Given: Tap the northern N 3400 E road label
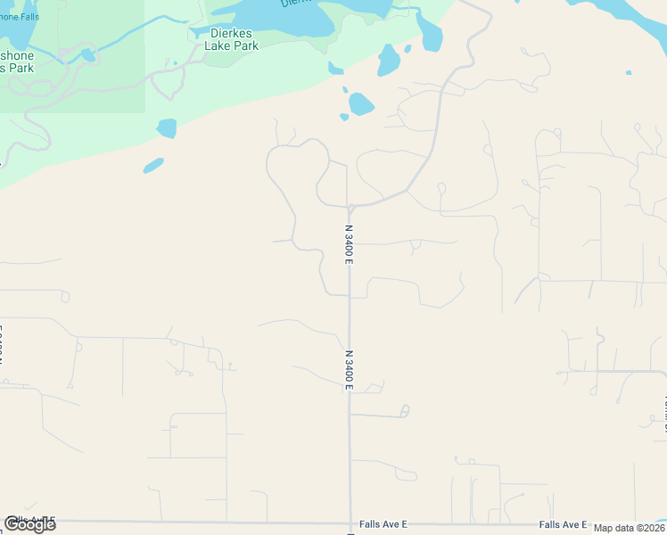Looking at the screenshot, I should [x=350, y=242].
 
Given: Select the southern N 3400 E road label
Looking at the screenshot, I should [x=350, y=369].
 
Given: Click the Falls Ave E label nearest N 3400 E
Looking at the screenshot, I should [x=383, y=525].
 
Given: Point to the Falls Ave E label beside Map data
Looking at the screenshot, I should [x=563, y=525].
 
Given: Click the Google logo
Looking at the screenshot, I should [x=29, y=524].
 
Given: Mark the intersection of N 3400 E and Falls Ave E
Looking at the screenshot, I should [x=350, y=523].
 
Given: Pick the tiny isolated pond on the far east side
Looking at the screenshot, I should [x=629, y=72].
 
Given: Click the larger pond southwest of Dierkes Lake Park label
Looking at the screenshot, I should [x=167, y=128].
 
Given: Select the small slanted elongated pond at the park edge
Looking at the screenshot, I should [x=153, y=165].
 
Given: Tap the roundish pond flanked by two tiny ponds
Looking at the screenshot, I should [x=360, y=104].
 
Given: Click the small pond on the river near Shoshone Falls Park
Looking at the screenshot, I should [x=87, y=55].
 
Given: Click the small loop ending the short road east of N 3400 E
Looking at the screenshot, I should [x=405, y=411].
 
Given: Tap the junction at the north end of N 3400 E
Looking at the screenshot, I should [x=351, y=208].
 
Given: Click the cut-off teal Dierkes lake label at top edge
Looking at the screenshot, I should [x=294, y=3].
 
